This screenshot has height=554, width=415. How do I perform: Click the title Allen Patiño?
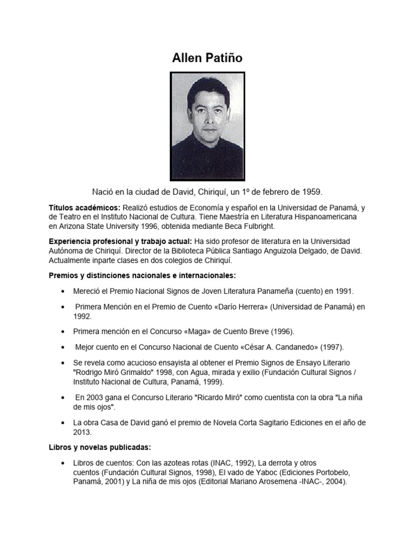tap(207, 58)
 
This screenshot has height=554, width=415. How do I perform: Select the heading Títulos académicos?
tap(85, 208)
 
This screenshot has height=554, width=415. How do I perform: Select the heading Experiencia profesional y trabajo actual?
tap(121, 241)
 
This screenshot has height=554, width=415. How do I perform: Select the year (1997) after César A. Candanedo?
tap(332, 347)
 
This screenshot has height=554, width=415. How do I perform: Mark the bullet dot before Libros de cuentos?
tap(64, 464)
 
